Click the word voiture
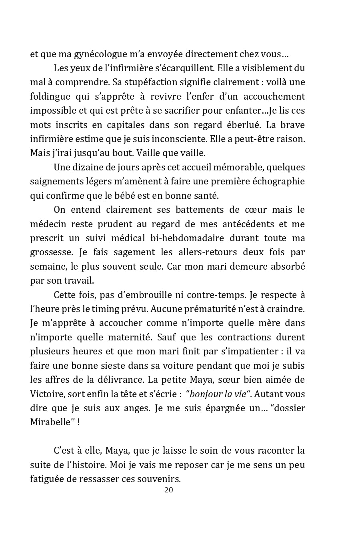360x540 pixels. pos(182,366)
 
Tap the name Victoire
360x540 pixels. pos(47,394)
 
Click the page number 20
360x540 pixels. pos(169,490)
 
